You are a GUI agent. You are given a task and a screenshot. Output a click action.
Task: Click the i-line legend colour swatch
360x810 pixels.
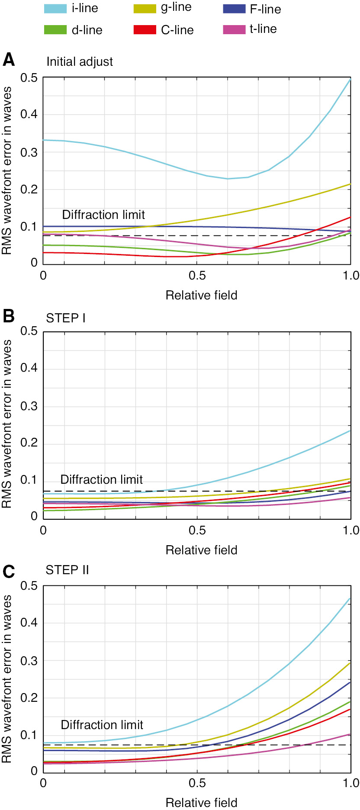pos(55,8)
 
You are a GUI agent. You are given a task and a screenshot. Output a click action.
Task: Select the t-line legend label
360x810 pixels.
pos(263,29)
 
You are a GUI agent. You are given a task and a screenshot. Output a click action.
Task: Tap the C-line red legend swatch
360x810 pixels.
pos(145,30)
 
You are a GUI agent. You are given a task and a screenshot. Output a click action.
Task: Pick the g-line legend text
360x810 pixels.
pos(176,7)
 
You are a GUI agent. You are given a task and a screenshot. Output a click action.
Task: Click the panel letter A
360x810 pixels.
pos(9,60)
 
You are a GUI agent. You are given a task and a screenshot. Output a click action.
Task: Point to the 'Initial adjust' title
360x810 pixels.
pos(80,61)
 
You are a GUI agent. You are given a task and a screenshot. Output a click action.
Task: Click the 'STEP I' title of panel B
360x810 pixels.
pos(66,318)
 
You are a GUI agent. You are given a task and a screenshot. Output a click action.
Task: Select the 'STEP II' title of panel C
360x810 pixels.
pos(67,570)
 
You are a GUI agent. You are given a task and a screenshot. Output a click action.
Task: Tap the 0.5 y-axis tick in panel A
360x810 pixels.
pos(29,78)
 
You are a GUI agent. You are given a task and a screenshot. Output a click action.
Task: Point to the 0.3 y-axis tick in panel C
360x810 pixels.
pos(29,661)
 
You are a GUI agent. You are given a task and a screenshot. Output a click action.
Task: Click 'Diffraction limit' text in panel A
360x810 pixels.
pos(103,215)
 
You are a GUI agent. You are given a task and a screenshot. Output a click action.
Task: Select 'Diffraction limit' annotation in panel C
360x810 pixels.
pos(102,725)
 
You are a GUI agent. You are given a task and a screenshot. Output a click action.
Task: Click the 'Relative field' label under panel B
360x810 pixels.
pos(201,550)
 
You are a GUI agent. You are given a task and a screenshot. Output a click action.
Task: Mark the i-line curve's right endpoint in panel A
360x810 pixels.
pos(350,79)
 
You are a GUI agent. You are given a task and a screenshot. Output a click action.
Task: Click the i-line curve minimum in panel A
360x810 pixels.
pos(228,179)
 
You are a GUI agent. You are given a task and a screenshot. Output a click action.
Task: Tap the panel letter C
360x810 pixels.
pos(9,572)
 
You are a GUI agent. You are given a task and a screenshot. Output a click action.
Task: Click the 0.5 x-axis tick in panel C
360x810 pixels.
pos(197,783)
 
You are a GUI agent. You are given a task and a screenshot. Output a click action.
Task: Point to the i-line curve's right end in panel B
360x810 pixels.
pos(350,430)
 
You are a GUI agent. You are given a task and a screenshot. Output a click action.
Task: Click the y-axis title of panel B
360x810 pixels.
pos(7,424)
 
